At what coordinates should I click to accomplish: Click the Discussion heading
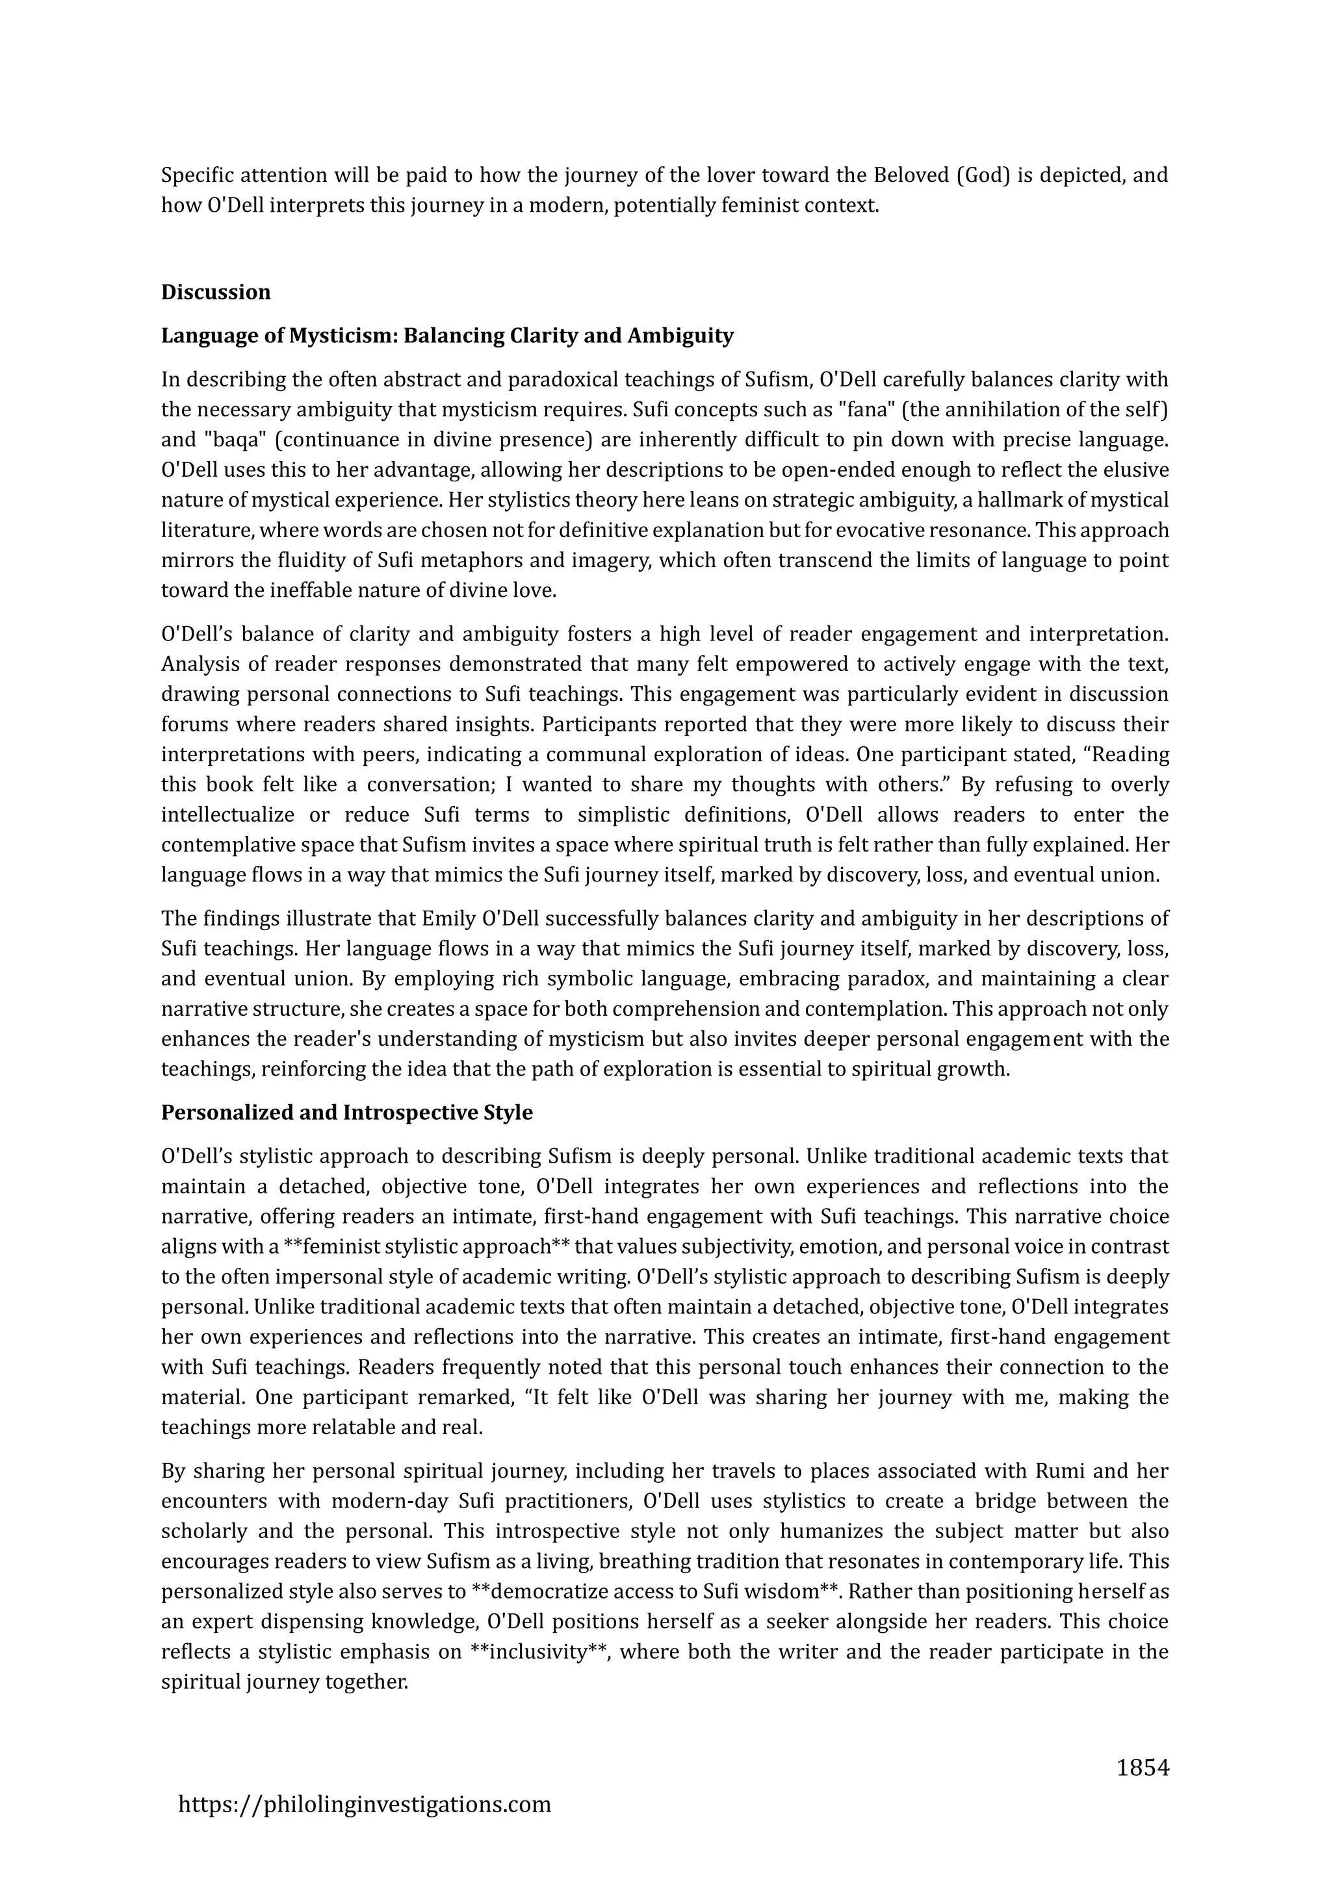point(216,292)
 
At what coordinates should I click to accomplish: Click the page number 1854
point(1143,1768)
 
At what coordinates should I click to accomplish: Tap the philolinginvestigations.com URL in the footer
point(365,1803)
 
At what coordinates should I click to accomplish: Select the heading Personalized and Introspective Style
point(346,1113)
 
